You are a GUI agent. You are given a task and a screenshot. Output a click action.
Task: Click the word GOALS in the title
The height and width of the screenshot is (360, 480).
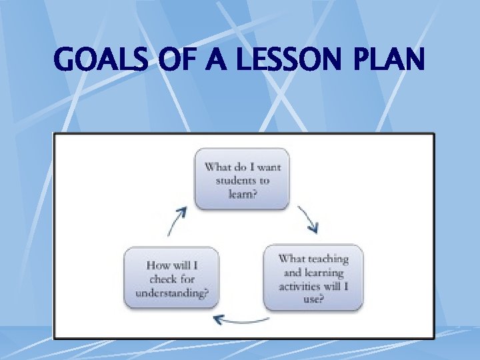(x=100, y=61)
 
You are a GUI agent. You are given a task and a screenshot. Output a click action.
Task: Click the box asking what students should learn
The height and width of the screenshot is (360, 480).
(x=242, y=179)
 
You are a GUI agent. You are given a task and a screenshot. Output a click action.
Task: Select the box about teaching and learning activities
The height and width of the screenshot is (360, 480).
(x=313, y=278)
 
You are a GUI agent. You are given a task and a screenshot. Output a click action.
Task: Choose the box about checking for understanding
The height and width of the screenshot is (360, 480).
(x=172, y=278)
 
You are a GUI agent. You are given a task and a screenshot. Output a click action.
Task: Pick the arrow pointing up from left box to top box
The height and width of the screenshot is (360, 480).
(x=175, y=221)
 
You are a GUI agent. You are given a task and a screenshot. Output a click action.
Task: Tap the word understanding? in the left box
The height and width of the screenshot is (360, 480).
(x=172, y=292)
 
